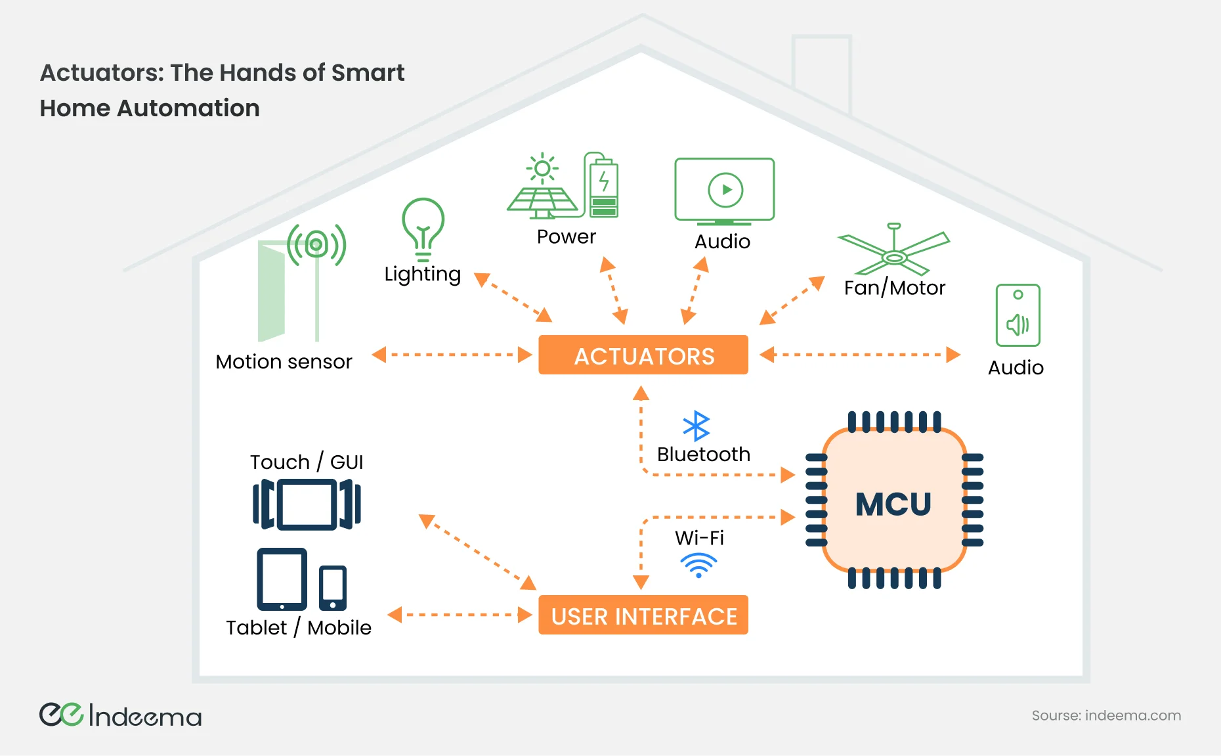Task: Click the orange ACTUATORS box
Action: click(x=643, y=355)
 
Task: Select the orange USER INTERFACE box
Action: click(x=643, y=615)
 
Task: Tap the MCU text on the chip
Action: click(x=893, y=504)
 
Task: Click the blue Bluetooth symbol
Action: click(x=696, y=426)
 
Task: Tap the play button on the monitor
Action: click(x=725, y=190)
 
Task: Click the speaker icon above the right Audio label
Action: click(x=1018, y=315)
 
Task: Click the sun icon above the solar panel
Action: click(x=542, y=169)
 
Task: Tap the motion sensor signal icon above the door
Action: click(x=316, y=245)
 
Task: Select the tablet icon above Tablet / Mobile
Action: click(x=282, y=579)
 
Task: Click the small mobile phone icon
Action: click(x=333, y=587)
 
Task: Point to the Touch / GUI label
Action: click(x=306, y=462)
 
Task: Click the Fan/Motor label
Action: click(x=894, y=288)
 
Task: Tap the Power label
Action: click(x=566, y=236)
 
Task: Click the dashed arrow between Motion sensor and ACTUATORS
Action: click(x=452, y=355)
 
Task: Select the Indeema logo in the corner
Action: click(x=120, y=715)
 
